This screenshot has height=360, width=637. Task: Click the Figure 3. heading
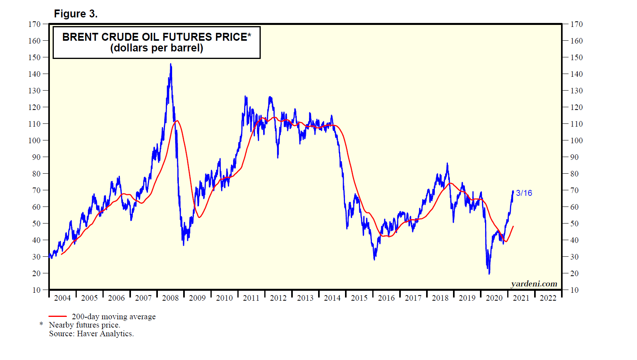tap(76, 14)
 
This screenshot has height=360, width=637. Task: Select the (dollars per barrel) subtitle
tap(156, 48)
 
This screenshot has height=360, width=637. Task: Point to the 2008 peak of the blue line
tap(171, 64)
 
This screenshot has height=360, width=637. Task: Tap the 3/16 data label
tap(524, 193)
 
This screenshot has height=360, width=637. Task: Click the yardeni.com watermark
tap(534, 284)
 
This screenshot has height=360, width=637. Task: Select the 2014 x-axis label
tap(332, 298)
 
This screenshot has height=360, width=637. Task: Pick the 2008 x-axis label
tap(170, 298)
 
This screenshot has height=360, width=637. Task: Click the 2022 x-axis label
tap(548, 298)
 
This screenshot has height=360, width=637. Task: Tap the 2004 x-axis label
tap(62, 298)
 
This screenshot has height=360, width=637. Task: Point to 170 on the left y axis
tap(34, 24)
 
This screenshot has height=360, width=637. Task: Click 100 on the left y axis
tap(34, 140)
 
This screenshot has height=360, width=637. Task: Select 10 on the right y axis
tap(574, 290)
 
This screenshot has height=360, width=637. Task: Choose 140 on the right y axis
tap(576, 74)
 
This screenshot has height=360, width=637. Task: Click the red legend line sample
tap(57, 316)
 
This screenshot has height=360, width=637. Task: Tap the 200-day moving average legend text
tap(114, 316)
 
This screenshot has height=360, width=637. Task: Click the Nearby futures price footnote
tap(84, 325)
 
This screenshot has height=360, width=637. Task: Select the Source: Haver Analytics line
tap(91, 333)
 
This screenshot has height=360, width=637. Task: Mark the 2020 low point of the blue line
tap(489, 273)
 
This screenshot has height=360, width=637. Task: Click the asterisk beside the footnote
tap(41, 324)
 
